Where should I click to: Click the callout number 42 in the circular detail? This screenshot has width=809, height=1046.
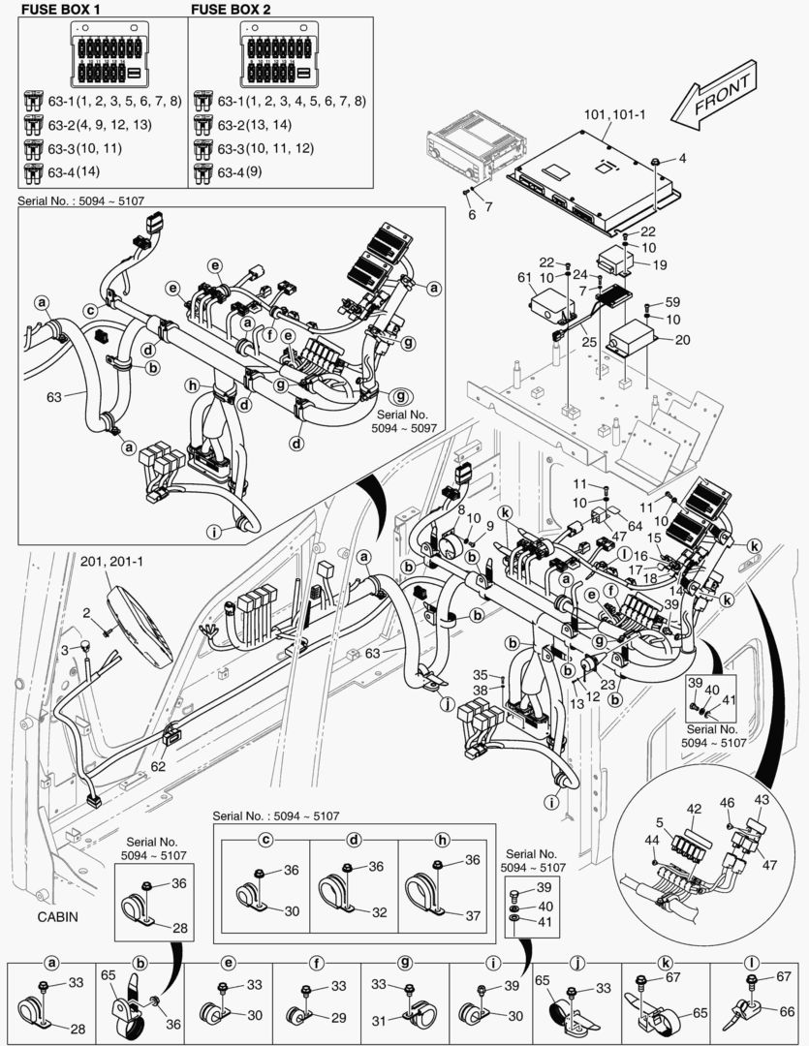point(694,810)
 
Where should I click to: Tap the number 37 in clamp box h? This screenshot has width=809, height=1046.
point(472,916)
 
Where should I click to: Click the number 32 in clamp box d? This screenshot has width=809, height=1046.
point(377,911)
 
